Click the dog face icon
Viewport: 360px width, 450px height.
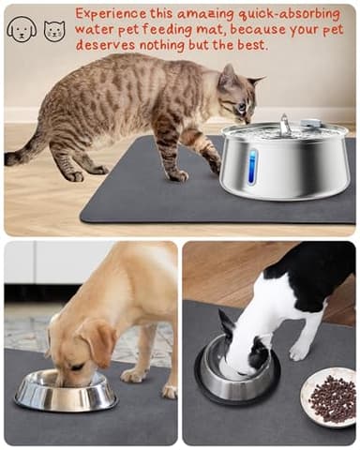click(x=21, y=29)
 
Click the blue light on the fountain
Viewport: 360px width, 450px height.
click(x=251, y=166)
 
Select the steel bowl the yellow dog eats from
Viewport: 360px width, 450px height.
click(x=66, y=390)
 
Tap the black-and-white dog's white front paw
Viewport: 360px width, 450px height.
click(x=300, y=351)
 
